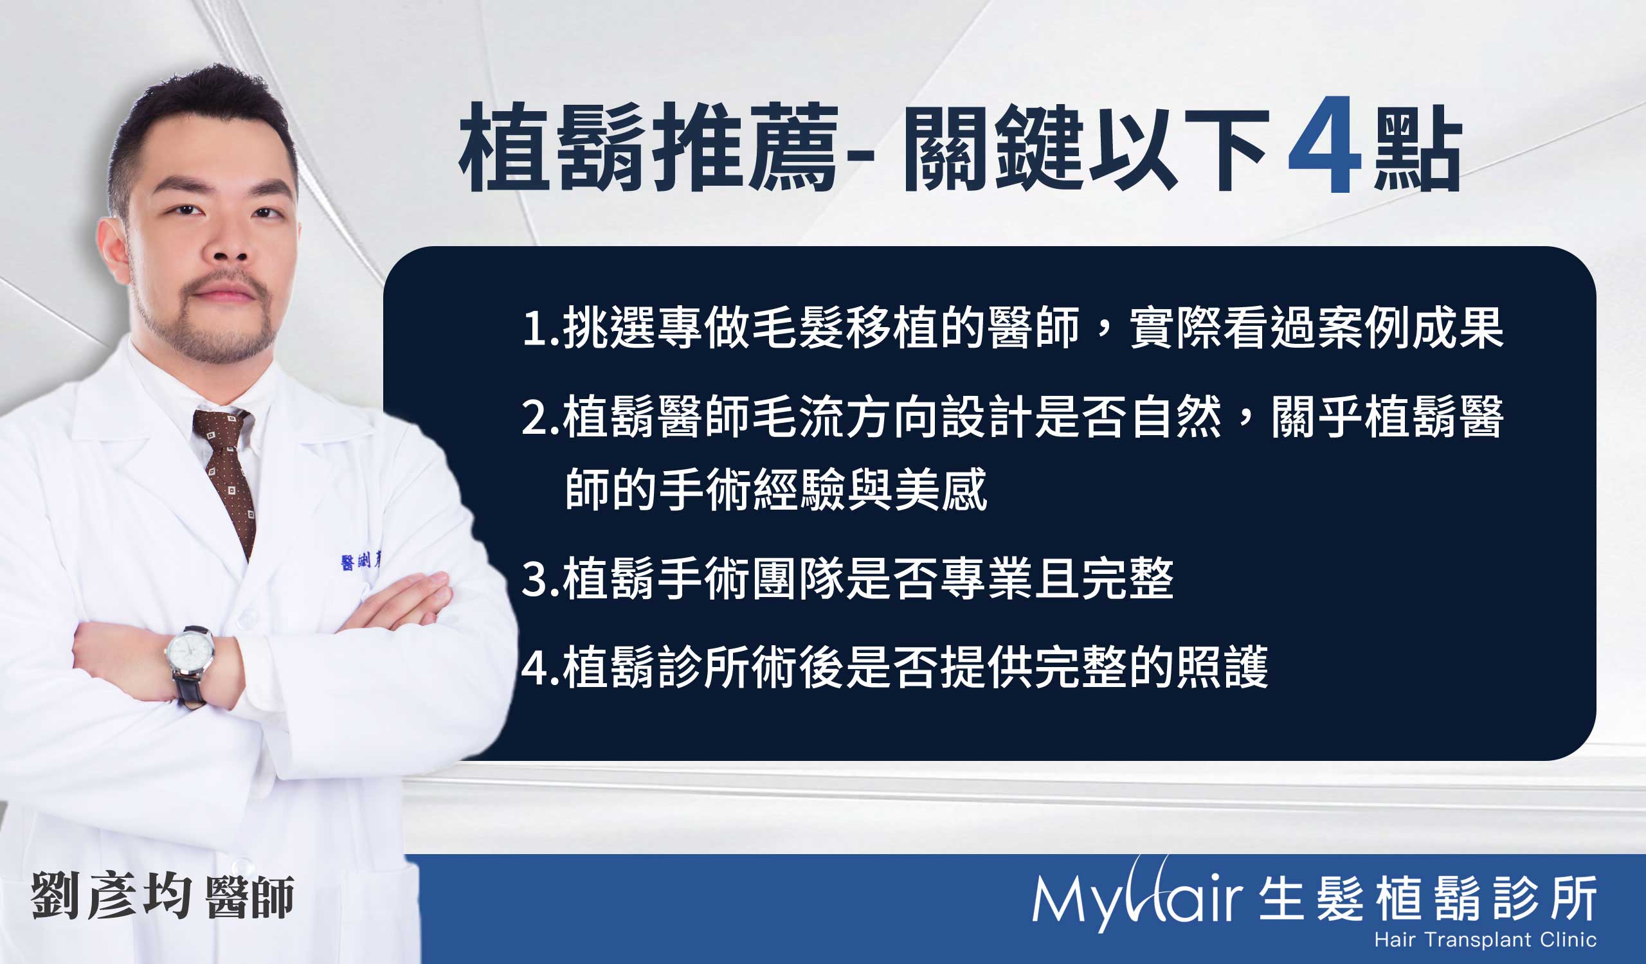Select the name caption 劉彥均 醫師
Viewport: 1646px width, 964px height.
(163, 895)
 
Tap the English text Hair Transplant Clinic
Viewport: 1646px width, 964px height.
(1485, 940)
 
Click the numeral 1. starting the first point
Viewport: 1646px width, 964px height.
(541, 328)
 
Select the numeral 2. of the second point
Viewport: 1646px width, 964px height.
(541, 418)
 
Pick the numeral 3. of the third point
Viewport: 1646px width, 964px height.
(541, 580)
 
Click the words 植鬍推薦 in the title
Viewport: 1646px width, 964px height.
(648, 147)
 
